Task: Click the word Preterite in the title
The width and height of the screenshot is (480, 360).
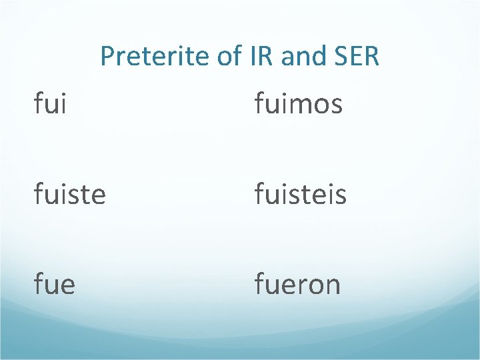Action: (x=155, y=57)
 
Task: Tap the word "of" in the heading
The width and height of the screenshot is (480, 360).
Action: (x=228, y=57)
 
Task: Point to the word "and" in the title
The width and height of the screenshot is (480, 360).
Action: (x=300, y=57)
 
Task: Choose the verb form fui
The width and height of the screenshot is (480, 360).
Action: (x=51, y=104)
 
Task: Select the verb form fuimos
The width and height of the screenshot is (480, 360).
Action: (x=298, y=104)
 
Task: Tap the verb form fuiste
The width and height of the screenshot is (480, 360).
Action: (x=70, y=194)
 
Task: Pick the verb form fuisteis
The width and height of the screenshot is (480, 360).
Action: (x=300, y=194)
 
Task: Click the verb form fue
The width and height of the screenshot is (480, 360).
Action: (x=55, y=284)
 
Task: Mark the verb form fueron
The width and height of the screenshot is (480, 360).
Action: (x=297, y=284)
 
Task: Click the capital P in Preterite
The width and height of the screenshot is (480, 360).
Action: (x=107, y=57)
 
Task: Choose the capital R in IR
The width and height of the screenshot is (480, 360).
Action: (x=266, y=57)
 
